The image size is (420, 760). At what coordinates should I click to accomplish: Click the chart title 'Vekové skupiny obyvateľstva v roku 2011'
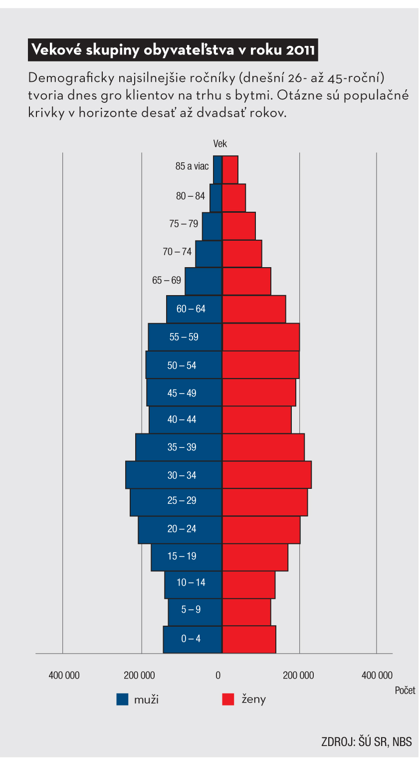pyautogui.click(x=173, y=50)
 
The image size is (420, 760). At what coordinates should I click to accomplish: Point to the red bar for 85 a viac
pyautogui.click(x=230, y=170)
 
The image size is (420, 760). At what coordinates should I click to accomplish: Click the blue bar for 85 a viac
pyautogui.click(x=217, y=170)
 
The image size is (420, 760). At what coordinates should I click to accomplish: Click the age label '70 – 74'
pyautogui.click(x=177, y=252)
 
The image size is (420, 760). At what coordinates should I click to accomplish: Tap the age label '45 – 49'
pyautogui.click(x=182, y=393)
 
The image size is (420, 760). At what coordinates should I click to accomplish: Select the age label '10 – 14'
pyautogui.click(x=191, y=582)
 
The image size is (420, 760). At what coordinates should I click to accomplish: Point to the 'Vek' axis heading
pyautogui.click(x=220, y=144)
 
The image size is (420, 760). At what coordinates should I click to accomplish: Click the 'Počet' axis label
pyautogui.click(x=405, y=690)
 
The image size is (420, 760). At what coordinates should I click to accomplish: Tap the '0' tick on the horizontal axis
pyautogui.click(x=218, y=676)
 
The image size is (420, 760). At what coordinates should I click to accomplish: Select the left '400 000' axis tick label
pyautogui.click(x=64, y=676)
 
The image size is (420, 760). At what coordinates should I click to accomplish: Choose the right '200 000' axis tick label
pyautogui.click(x=298, y=676)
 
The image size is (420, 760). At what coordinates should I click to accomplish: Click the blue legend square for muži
pyautogui.click(x=122, y=699)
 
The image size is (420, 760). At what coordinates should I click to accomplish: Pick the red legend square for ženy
pyautogui.click(x=228, y=699)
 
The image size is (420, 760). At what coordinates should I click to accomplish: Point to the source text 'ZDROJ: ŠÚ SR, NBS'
pyautogui.click(x=367, y=742)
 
